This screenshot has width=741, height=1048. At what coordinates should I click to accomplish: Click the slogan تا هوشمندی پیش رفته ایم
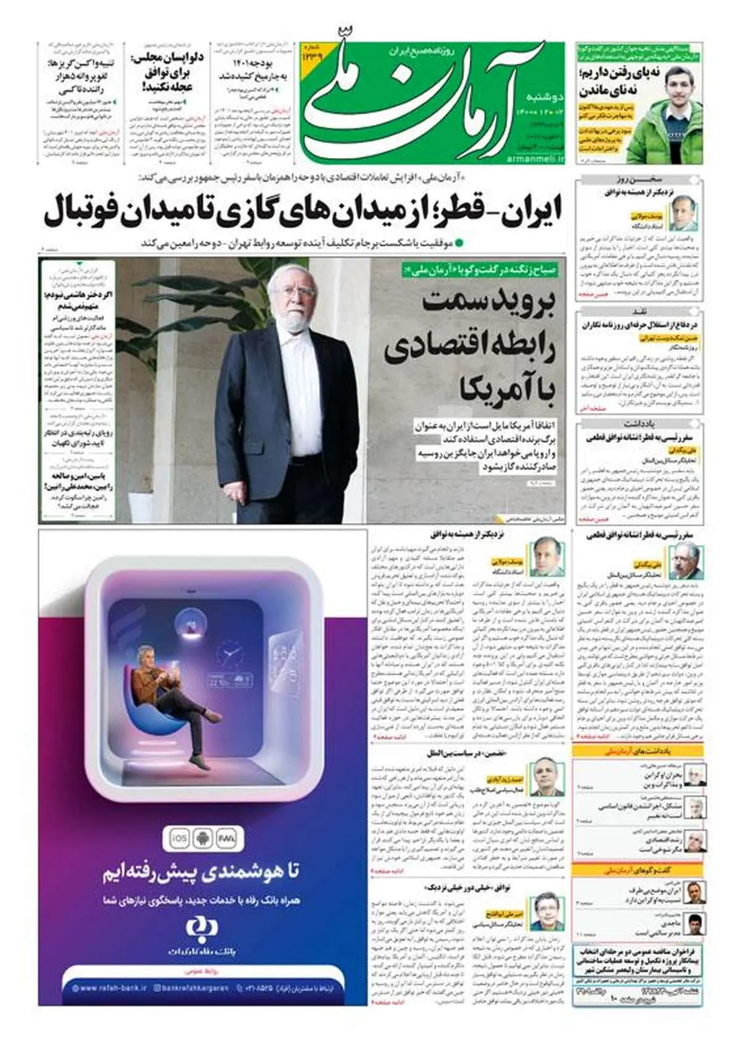coord(201,871)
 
